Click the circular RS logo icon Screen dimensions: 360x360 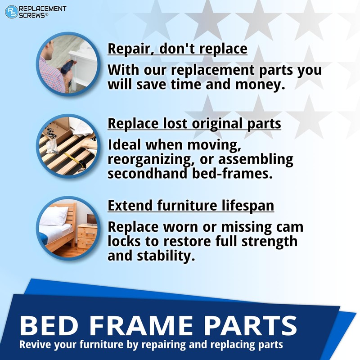pyautogui.click(x=12, y=12)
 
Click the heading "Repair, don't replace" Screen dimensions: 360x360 pyautogui.click(x=177, y=49)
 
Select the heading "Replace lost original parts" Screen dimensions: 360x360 pyautogui.click(x=194, y=124)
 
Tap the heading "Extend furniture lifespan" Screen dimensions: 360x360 pyautogui.click(x=190, y=206)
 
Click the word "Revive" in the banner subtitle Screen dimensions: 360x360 pyautogui.click(x=34, y=345)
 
